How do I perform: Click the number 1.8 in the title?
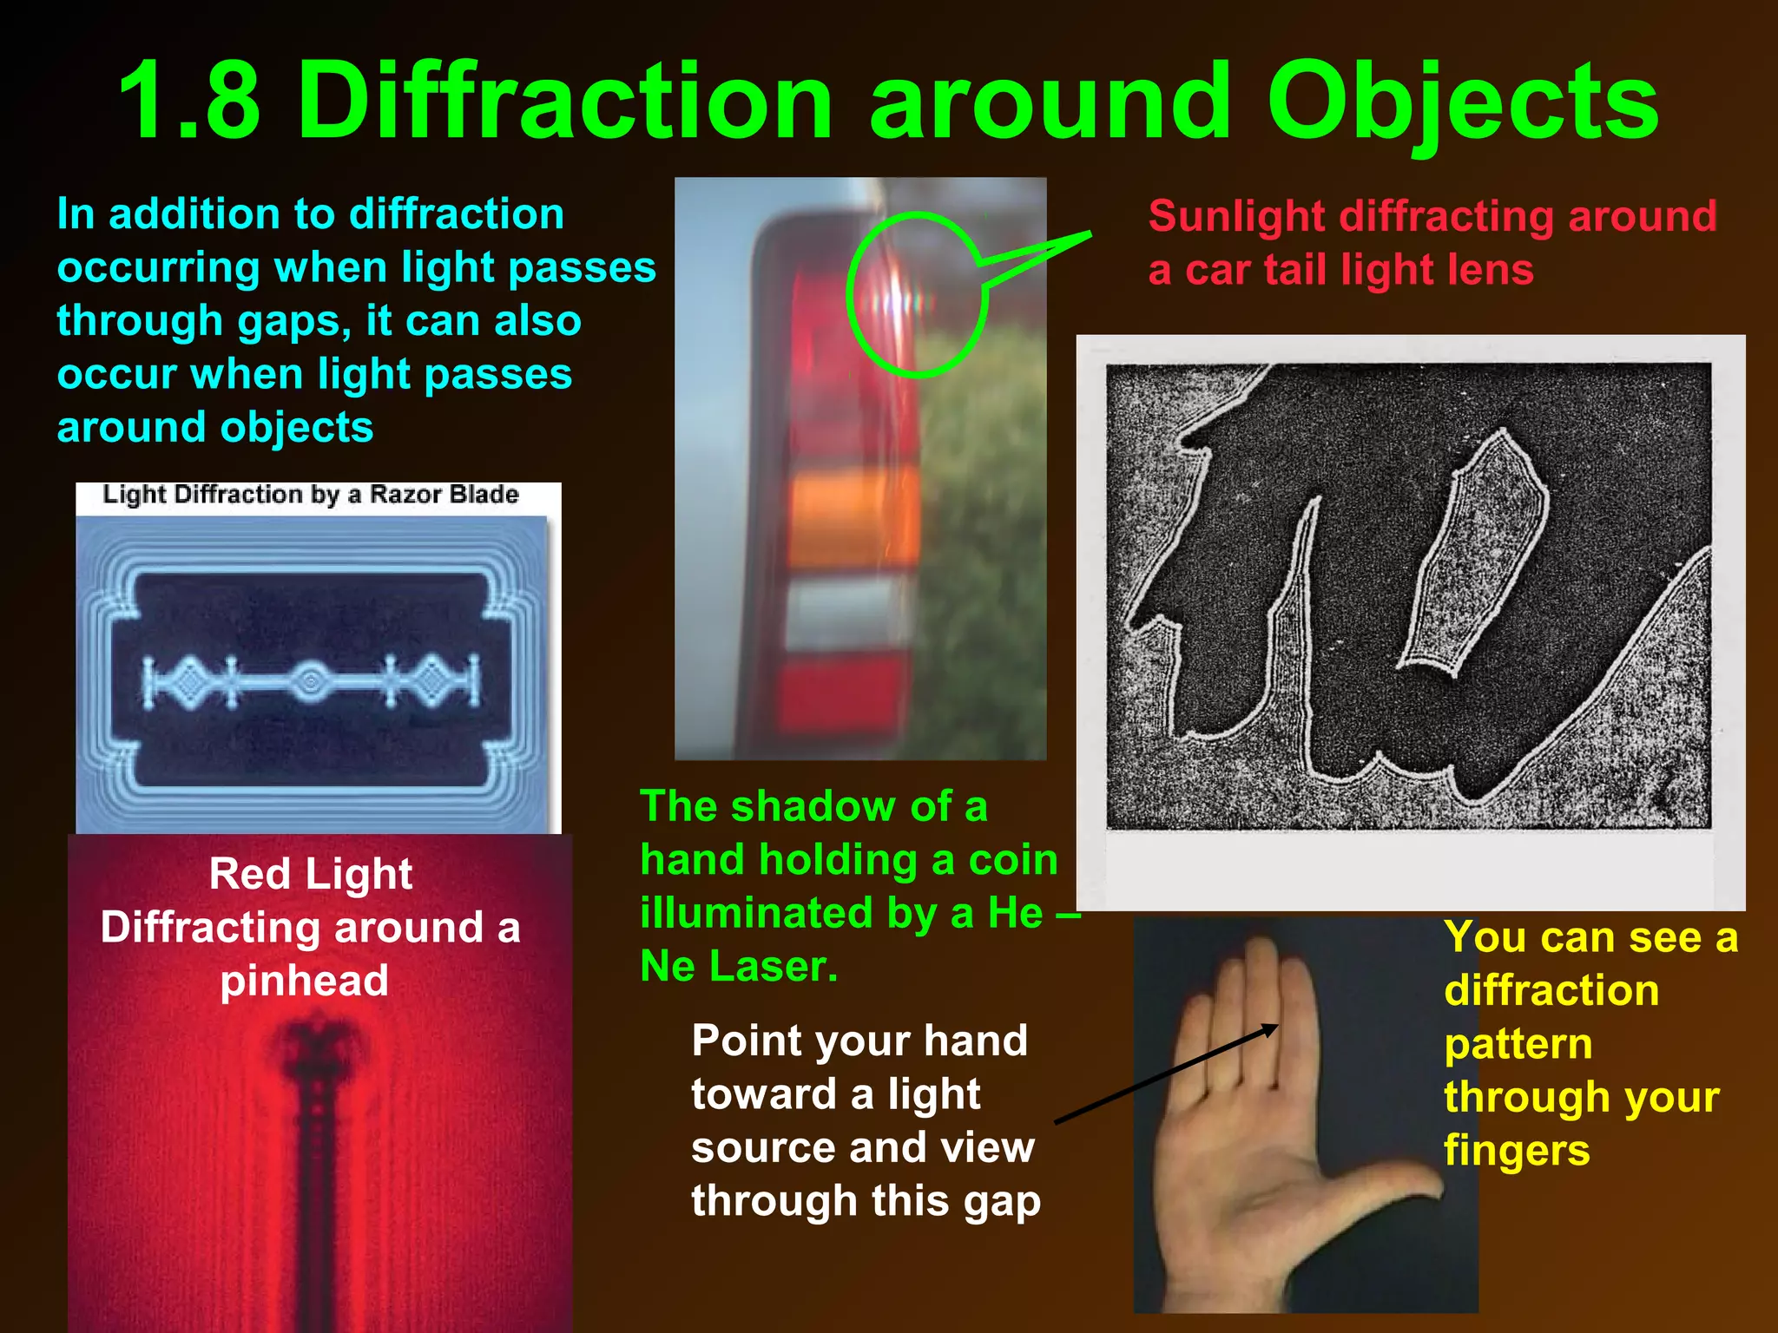coord(189,102)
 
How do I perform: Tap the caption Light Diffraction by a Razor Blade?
coord(311,495)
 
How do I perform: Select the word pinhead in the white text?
coord(304,982)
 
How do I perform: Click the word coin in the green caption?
coord(1012,860)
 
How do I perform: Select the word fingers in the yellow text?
coord(1517,1152)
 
